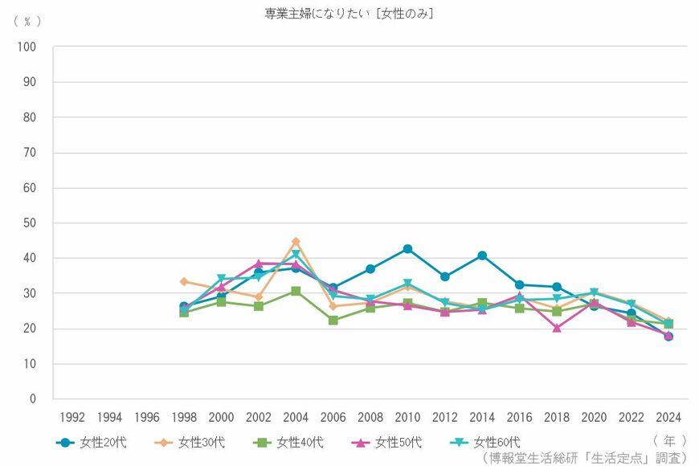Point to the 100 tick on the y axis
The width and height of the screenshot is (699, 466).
pyautogui.click(x=27, y=47)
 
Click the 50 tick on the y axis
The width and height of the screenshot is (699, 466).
pyautogui.click(x=29, y=223)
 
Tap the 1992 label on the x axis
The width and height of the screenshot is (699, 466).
pyautogui.click(x=72, y=417)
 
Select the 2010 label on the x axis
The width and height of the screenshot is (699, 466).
pyautogui.click(x=407, y=417)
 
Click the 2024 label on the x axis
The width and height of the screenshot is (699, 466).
pyautogui.click(x=668, y=417)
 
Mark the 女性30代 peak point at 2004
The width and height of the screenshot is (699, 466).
pyautogui.click(x=296, y=241)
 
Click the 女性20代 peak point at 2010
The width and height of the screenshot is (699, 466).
pyautogui.click(x=407, y=249)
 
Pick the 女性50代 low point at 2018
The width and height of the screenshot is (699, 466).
pyautogui.click(x=557, y=328)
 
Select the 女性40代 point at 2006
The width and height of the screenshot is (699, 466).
pyautogui.click(x=333, y=320)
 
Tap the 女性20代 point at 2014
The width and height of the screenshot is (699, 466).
pyautogui.click(x=482, y=255)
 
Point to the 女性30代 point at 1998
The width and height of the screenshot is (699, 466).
pyautogui.click(x=184, y=281)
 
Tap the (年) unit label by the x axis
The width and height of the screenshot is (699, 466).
pyautogui.click(x=668, y=440)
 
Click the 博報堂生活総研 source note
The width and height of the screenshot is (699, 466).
pyautogui.click(x=584, y=457)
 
